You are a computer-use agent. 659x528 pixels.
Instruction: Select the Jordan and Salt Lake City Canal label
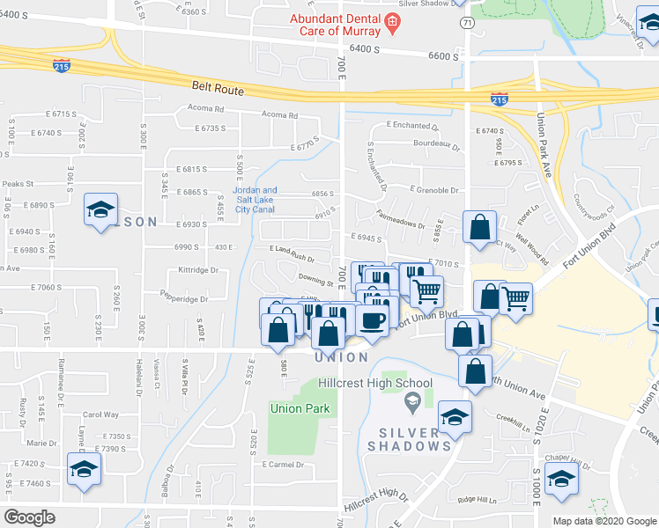(255, 199)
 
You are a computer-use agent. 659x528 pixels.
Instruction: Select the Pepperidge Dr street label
(159, 298)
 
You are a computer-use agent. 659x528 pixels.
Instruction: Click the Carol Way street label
(100, 414)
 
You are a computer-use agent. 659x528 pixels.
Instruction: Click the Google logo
(30, 517)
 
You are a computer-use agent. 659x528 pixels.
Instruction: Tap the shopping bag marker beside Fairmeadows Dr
(478, 227)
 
